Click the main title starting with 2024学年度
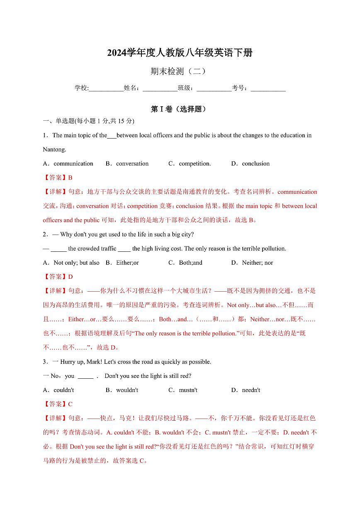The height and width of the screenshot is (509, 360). tap(180, 53)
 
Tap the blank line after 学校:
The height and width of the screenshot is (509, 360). tap(106, 88)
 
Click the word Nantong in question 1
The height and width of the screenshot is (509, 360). tap(54, 149)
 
